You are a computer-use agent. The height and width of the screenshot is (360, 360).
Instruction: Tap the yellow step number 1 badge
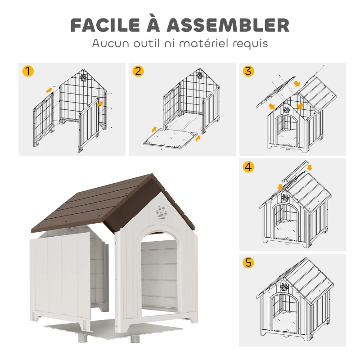tap(28, 71)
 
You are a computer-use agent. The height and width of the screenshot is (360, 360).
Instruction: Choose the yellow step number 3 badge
tap(248, 71)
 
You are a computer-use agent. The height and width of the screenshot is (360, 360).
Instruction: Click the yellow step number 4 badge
tap(248, 167)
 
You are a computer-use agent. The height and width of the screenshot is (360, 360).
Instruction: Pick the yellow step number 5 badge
tap(248, 263)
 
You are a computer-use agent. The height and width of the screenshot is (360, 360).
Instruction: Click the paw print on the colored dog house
tap(161, 211)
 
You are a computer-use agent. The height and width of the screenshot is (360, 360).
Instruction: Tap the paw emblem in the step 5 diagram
tap(285, 287)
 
